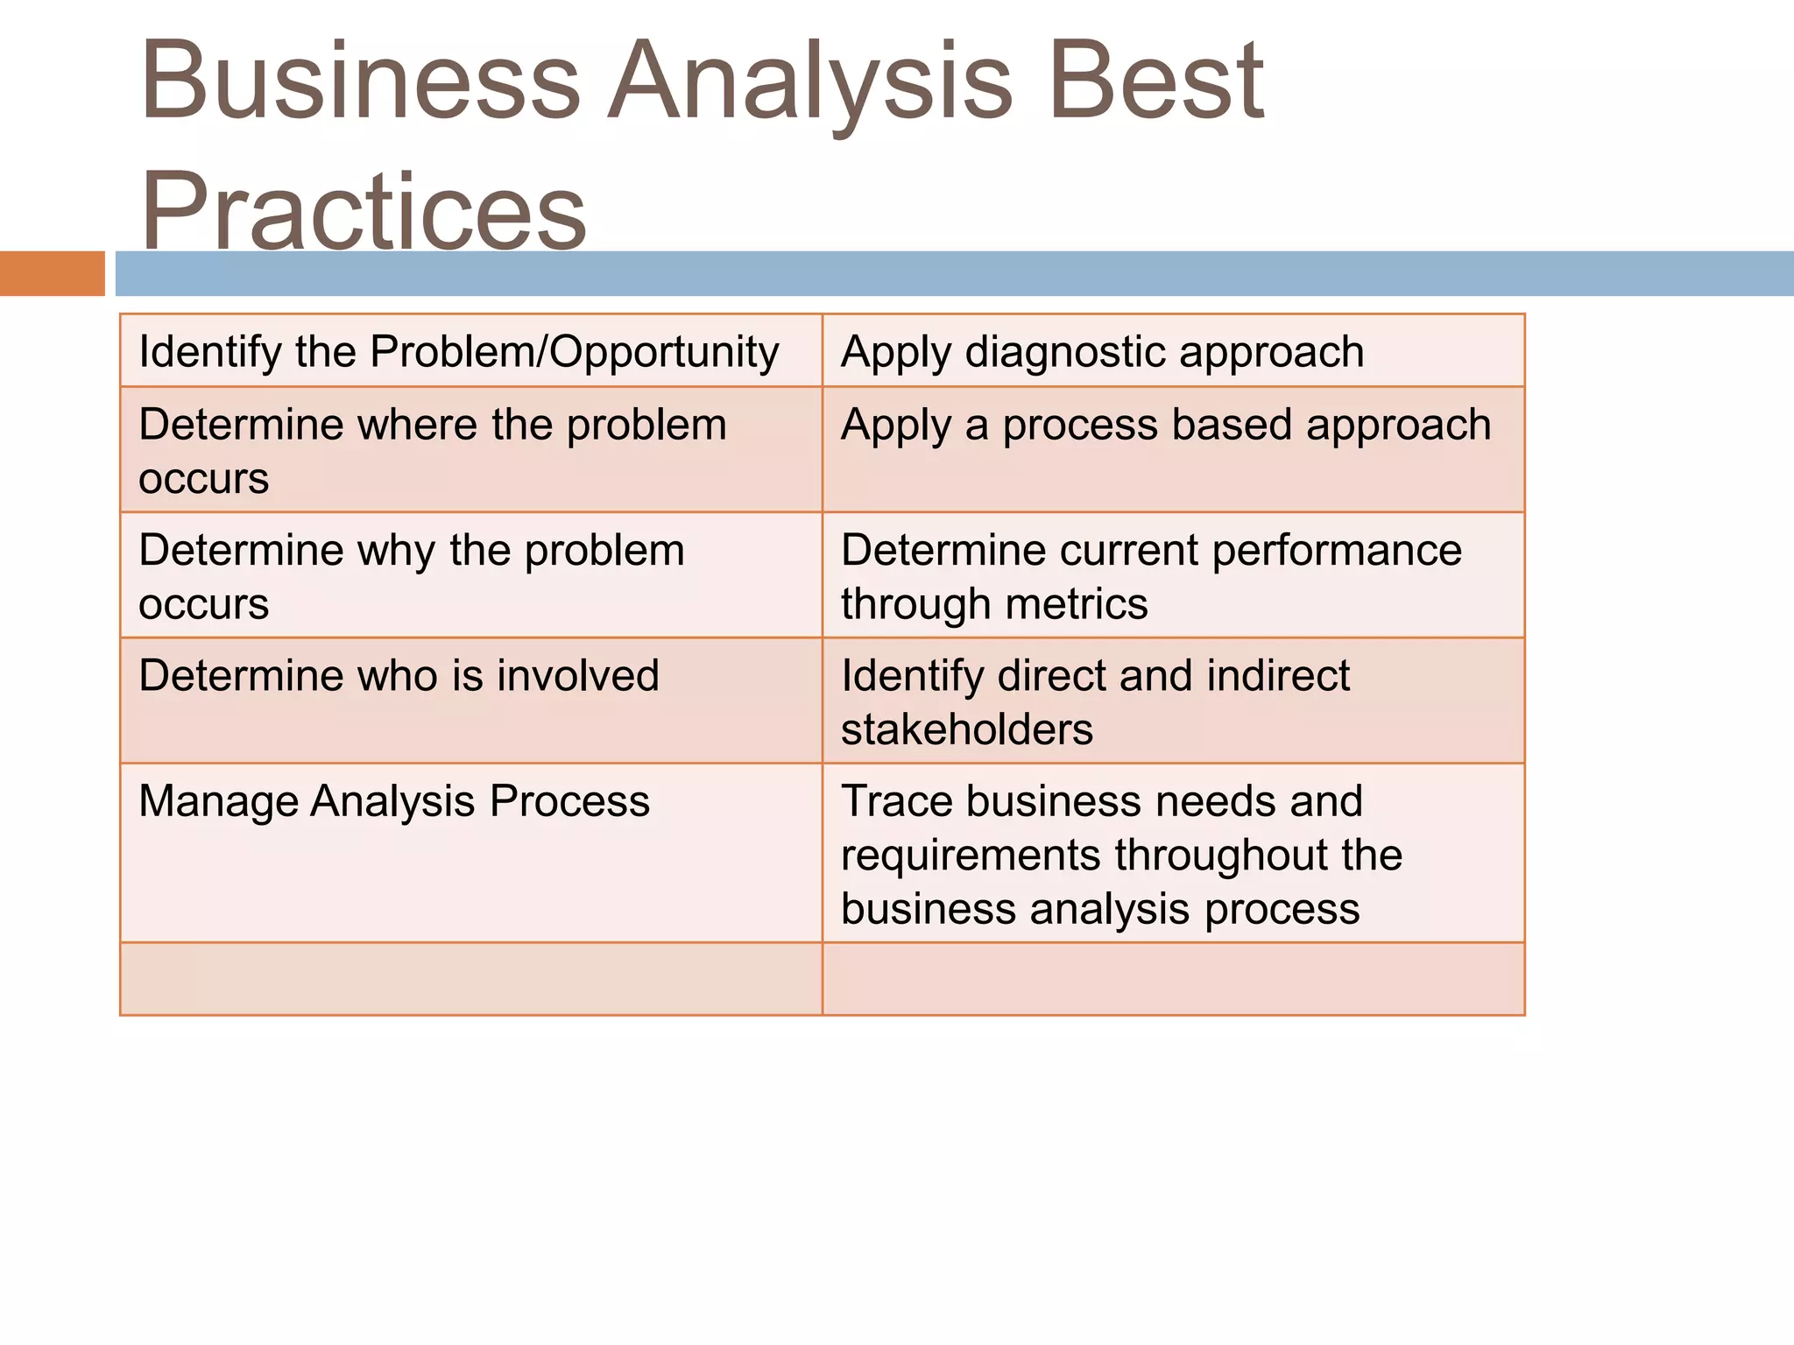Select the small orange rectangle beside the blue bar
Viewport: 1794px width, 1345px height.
52,273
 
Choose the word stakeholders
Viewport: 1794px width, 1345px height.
966,729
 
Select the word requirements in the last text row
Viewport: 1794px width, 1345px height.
971,856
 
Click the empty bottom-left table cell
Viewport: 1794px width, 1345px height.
470,979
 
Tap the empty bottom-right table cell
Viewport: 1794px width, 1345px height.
1173,979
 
